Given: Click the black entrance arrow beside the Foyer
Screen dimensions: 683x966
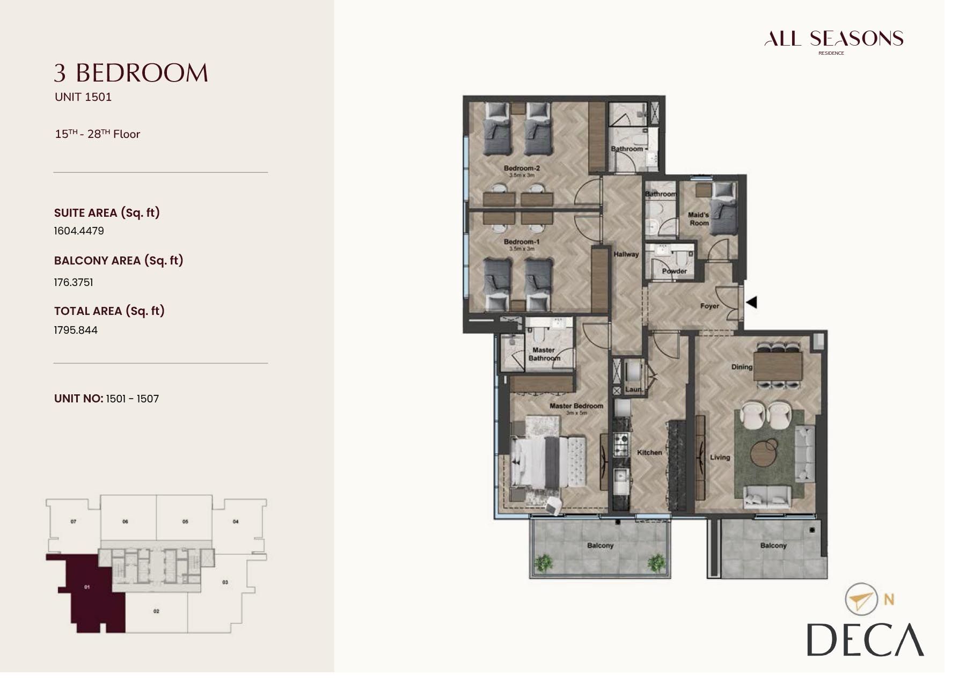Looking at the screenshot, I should click(752, 302).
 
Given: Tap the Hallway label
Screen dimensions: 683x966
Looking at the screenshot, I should click(626, 254).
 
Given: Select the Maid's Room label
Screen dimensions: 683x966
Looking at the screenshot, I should click(699, 219).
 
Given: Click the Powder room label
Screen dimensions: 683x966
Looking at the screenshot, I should click(674, 271).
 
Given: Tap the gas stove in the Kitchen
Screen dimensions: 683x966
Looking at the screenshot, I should click(621, 444).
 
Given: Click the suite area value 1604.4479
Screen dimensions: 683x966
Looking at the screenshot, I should click(79, 231).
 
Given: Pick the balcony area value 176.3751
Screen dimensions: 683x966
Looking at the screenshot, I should click(74, 282).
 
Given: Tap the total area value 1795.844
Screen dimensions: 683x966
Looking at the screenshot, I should click(76, 330).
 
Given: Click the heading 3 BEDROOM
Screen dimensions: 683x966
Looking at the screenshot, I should click(131, 73).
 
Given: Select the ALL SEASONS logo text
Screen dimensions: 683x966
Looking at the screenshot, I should click(833, 39).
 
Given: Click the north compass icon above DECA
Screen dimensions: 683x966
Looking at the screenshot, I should click(861, 599).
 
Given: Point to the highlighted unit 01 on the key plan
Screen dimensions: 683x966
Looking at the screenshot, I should click(89, 590).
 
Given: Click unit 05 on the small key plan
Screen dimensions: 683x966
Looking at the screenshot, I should click(185, 521).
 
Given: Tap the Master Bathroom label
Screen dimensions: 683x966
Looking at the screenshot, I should click(544, 354).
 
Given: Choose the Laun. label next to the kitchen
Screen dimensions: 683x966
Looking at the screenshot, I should click(633, 389).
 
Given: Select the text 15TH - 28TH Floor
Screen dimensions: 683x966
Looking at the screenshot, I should click(97, 134).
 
